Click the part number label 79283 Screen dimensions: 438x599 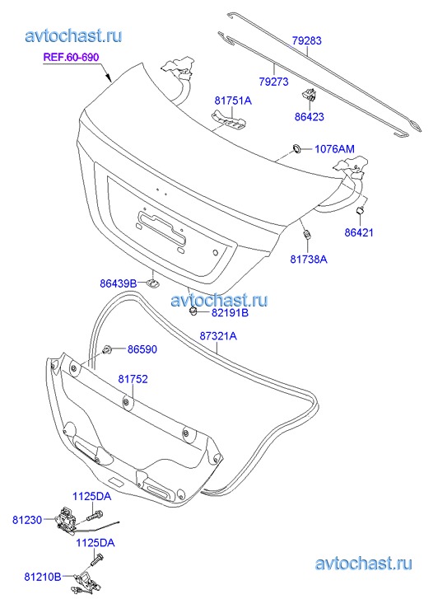pyautogui.click(x=307, y=40)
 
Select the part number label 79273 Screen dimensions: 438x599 pyautogui.click(x=274, y=82)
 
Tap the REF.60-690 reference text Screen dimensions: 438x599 pyautogui.click(x=71, y=57)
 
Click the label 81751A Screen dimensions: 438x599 pyautogui.click(x=233, y=101)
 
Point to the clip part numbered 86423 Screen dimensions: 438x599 pyautogui.click(x=309, y=94)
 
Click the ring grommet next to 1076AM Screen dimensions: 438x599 pyautogui.click(x=296, y=148)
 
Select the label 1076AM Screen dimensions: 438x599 pyautogui.click(x=334, y=148)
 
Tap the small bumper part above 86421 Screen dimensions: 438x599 pyautogui.click(x=360, y=210)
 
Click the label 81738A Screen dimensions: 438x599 pyautogui.click(x=309, y=259)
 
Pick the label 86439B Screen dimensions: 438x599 pyautogui.click(x=118, y=283)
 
